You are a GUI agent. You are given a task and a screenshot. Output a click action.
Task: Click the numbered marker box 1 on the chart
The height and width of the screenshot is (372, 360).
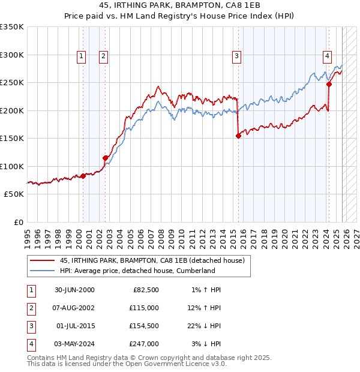click(81, 56)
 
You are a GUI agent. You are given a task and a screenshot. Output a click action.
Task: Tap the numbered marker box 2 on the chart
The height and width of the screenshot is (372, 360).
click(103, 56)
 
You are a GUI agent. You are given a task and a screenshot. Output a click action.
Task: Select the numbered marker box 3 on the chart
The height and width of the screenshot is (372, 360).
click(237, 56)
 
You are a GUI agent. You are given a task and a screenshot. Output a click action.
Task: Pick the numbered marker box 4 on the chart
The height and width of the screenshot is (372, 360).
click(327, 56)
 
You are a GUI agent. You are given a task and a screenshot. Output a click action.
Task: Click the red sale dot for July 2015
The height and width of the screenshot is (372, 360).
click(238, 136)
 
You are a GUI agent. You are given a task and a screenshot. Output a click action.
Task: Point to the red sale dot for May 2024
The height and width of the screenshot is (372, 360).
click(329, 85)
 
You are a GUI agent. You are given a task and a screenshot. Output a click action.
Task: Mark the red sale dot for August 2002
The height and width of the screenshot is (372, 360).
click(106, 158)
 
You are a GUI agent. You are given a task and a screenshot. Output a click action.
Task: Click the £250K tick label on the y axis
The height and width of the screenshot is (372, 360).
click(12, 83)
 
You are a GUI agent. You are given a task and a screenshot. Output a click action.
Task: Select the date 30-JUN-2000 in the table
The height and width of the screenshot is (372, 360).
click(75, 290)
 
